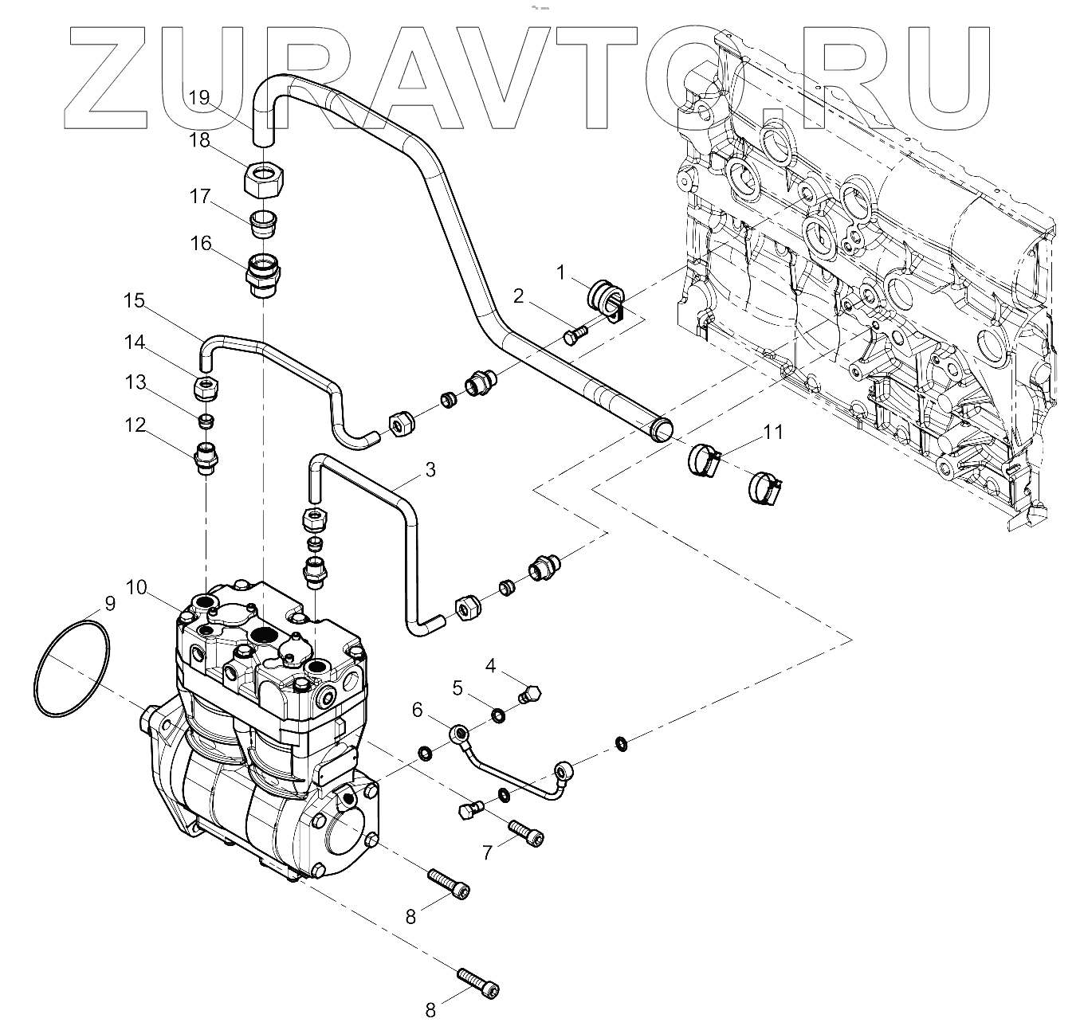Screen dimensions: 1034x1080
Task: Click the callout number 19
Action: pyautogui.click(x=199, y=97)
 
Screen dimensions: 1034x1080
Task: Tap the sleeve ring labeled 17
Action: pyautogui.click(x=261, y=222)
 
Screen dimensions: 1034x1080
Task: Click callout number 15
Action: pyautogui.click(x=135, y=300)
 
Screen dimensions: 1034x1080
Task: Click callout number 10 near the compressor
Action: pyautogui.click(x=136, y=588)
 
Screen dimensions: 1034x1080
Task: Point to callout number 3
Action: pyautogui.click(x=430, y=469)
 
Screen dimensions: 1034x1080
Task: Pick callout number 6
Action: pyautogui.click(x=418, y=709)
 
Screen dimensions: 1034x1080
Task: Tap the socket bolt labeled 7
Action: pyautogui.click(x=526, y=836)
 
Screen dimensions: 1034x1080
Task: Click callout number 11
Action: pyautogui.click(x=772, y=433)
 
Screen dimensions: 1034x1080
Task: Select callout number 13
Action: pyautogui.click(x=135, y=382)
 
